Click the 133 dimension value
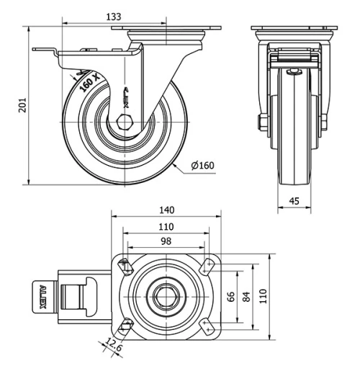tap(113, 16)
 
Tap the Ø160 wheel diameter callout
tap(202, 166)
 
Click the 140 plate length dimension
tap(166, 210)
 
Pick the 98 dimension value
tap(166, 241)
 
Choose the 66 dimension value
tap(232, 296)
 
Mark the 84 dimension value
tap(247, 296)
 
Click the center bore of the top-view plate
tap(166, 296)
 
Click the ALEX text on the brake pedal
tap(42, 296)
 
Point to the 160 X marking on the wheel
tap(87, 83)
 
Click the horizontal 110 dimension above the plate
tap(166, 226)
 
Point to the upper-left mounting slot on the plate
tap(125, 266)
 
